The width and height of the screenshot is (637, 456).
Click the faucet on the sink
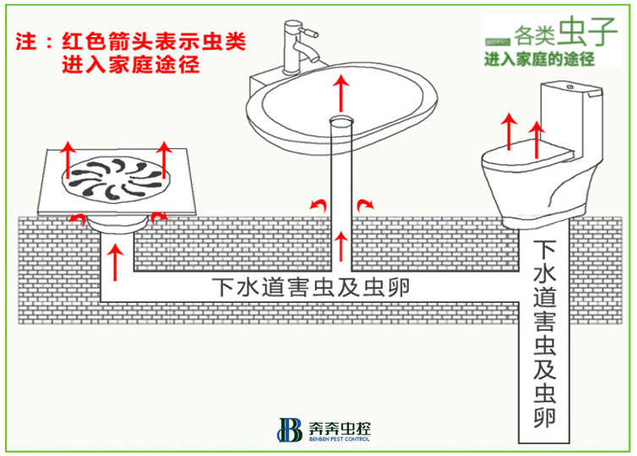coord(297,47)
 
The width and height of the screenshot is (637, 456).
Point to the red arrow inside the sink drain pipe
coord(340,245)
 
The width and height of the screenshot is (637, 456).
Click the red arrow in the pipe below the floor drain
coord(116,258)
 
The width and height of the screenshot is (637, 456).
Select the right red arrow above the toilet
coord(535,135)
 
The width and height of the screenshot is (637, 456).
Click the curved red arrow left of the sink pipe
coord(316,204)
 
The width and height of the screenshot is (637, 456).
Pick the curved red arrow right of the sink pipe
coord(365,204)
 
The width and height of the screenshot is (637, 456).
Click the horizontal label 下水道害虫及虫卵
coord(310,288)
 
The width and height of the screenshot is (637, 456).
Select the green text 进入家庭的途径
coord(539,60)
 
